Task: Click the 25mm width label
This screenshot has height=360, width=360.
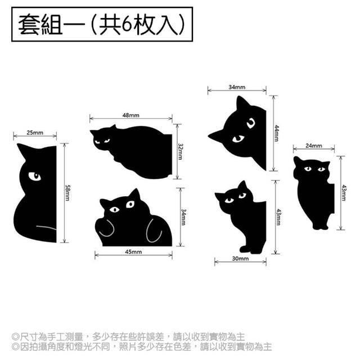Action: click(x=35, y=133)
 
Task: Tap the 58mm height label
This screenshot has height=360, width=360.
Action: click(x=67, y=193)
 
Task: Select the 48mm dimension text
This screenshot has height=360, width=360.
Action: click(x=131, y=115)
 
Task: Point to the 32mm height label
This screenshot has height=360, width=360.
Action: click(x=181, y=151)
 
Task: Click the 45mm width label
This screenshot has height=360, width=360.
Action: click(x=133, y=252)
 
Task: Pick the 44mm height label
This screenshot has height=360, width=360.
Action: click(x=277, y=133)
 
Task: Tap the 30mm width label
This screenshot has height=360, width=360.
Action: click(x=240, y=259)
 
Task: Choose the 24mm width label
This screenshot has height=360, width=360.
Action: click(x=314, y=146)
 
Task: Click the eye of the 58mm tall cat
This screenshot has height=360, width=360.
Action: click(x=35, y=176)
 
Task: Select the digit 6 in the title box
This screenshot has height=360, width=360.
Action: click(x=127, y=24)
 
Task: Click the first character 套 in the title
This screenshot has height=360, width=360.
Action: click(x=29, y=24)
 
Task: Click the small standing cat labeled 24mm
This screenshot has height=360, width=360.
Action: click(x=313, y=193)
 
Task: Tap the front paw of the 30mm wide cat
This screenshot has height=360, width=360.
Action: click(x=245, y=249)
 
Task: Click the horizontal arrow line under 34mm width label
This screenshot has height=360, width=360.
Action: click(x=237, y=91)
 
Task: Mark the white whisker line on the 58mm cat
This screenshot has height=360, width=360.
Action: click(x=46, y=227)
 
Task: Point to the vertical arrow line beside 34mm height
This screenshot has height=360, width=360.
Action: click(x=181, y=217)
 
